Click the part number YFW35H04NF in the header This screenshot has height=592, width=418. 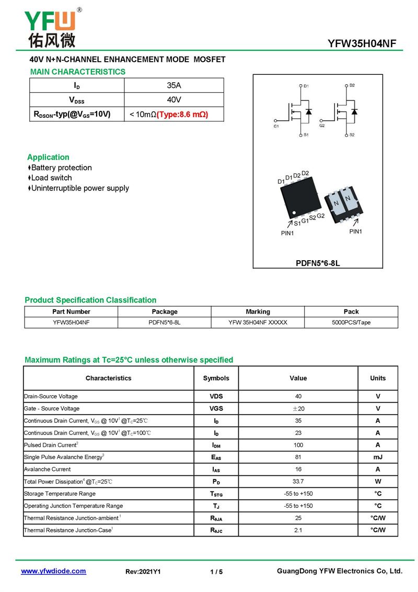tap(365, 43)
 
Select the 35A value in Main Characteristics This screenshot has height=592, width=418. tap(174, 85)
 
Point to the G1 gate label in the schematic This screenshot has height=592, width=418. tap(276, 126)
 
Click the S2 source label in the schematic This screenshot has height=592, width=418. tap(352, 135)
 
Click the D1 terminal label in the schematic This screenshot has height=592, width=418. tap(306, 85)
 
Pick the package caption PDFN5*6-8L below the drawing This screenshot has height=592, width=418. tap(318, 263)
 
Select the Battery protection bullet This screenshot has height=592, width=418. tap(61, 167)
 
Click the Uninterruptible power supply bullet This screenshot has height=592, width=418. tap(80, 188)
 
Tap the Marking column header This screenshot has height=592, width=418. tap(258, 311)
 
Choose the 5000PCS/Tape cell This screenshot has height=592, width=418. tap(351, 322)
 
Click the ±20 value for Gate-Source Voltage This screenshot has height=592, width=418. tap(298, 408)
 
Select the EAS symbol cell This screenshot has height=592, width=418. tap(216, 457)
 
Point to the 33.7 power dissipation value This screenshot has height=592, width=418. tap(298, 482)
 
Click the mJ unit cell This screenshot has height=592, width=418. tap(378, 457)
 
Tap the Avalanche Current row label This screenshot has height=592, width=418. tap(47, 470)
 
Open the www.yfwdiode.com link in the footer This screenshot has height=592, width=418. tap(53, 571)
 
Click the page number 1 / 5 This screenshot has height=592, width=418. tap(216, 572)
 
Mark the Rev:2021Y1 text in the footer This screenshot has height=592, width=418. tap(143, 572)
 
